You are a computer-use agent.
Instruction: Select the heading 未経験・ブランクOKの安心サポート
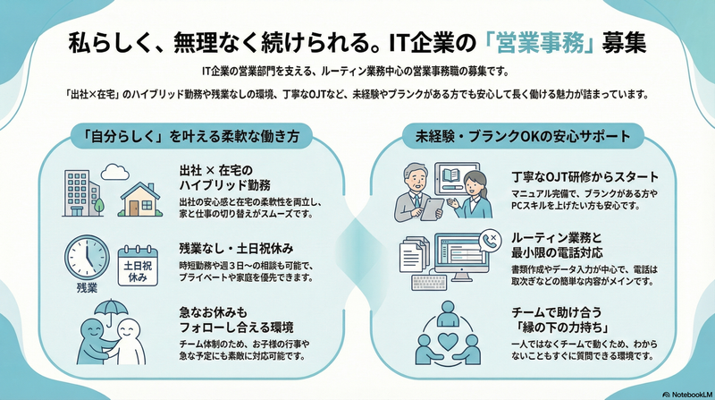[523, 136]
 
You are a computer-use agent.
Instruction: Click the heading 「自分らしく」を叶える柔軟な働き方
[191, 136]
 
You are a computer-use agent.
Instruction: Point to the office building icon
[83, 193]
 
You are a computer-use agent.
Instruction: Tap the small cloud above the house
[115, 172]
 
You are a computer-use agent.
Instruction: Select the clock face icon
[87, 258]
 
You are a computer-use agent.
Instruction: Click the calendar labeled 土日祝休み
[138, 266]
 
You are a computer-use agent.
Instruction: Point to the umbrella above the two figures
[111, 311]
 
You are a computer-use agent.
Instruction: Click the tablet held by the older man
[432, 209]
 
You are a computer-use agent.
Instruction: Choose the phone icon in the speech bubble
[491, 240]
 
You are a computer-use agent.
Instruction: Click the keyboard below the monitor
[431, 282]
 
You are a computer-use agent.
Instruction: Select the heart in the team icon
[448, 340]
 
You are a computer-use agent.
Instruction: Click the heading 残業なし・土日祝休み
[236, 249]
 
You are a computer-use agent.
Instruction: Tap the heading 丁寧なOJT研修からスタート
[585, 176]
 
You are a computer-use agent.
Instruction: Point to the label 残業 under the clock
[87, 288]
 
